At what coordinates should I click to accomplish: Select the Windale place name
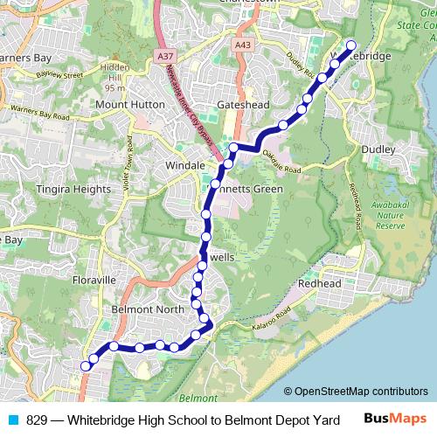(x=184, y=164)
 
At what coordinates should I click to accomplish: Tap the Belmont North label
(x=148, y=309)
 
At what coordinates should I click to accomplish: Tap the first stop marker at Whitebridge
(x=351, y=45)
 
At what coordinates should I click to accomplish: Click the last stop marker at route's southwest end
(x=85, y=366)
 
